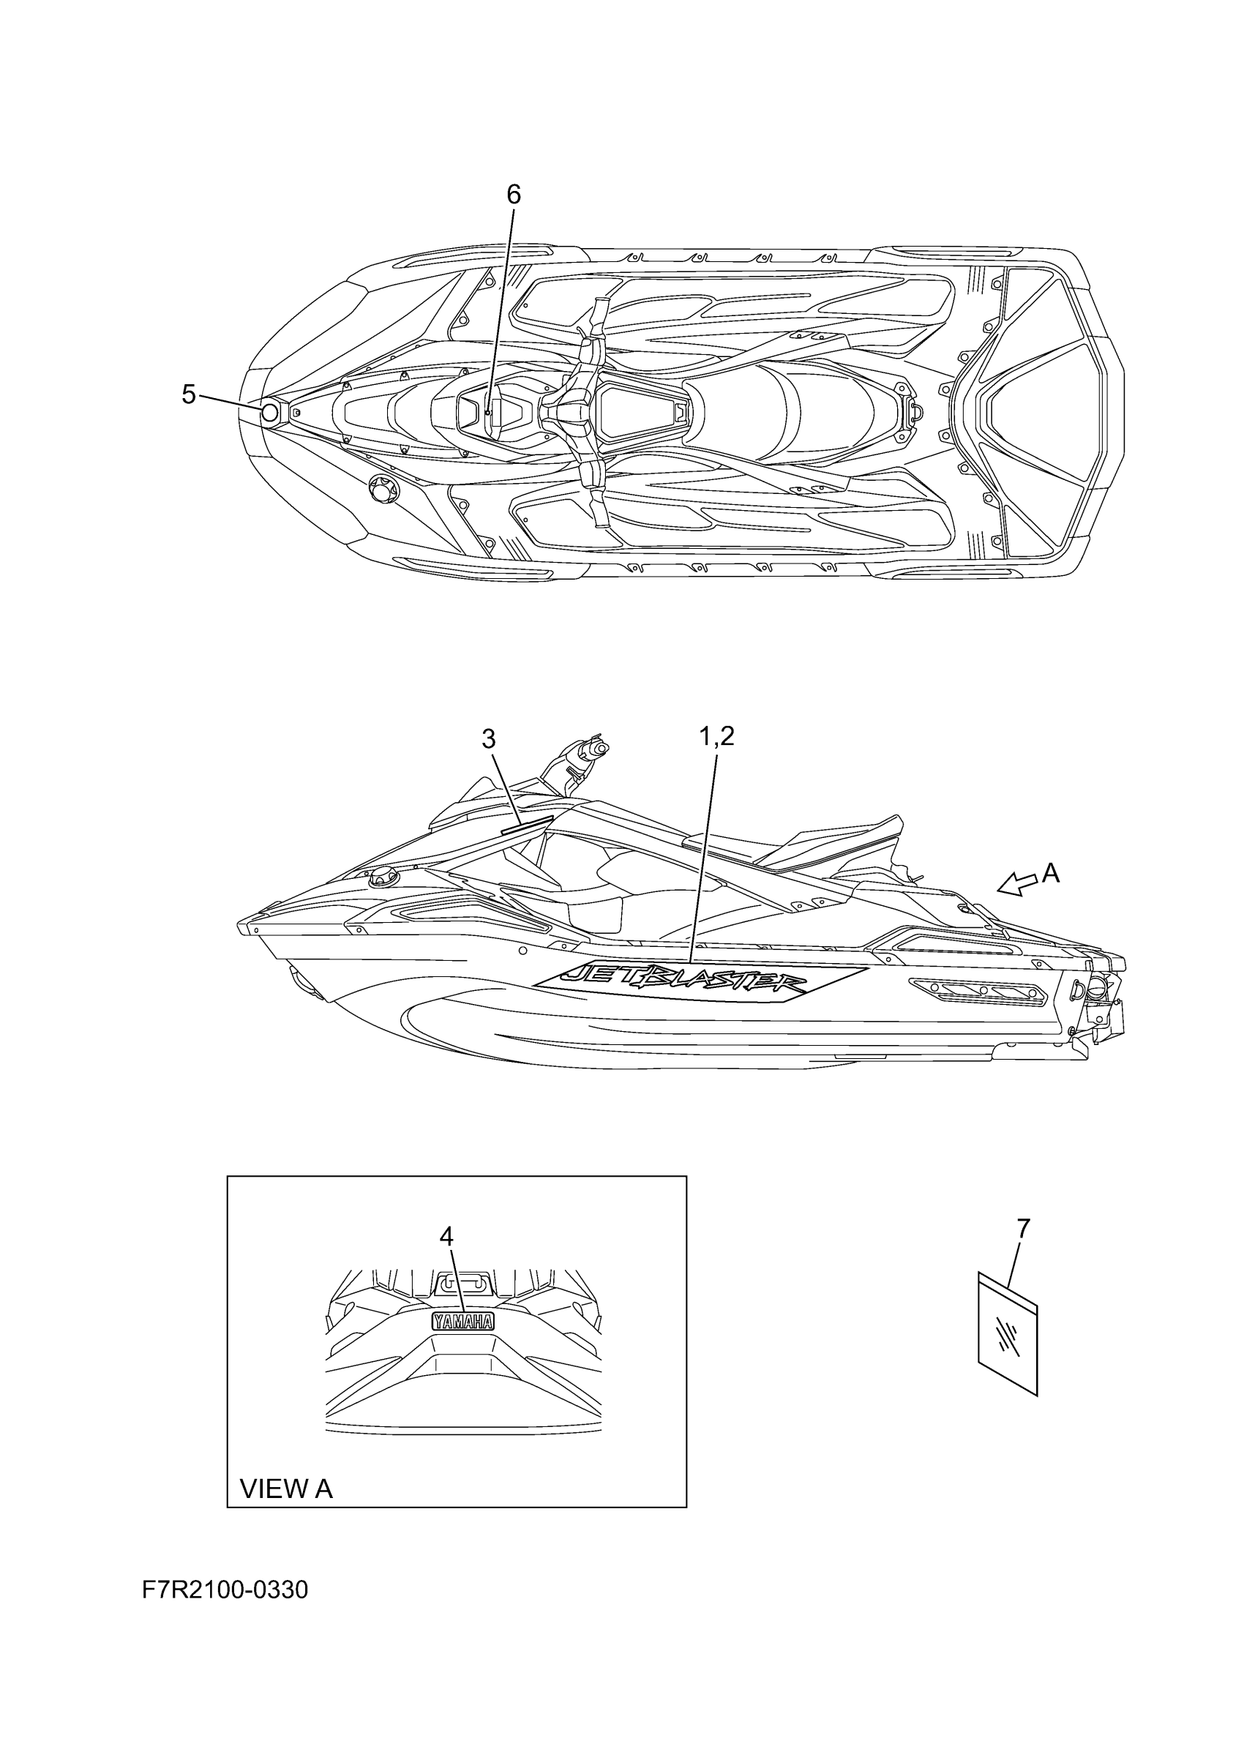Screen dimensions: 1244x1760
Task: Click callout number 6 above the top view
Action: coord(514,195)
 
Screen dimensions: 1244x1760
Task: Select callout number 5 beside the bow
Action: coord(189,394)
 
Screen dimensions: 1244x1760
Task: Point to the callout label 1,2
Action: coord(716,737)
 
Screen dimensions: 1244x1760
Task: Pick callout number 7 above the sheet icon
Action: coord(1024,1228)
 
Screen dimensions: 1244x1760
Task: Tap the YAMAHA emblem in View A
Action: coord(463,1322)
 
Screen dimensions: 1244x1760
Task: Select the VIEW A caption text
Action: coord(286,1488)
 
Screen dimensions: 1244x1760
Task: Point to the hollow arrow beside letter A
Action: coord(1015,884)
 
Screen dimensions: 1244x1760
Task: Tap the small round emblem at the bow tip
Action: coord(269,414)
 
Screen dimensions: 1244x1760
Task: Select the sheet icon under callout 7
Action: coord(1007,1334)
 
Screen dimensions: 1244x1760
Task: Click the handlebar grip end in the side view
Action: coord(600,747)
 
